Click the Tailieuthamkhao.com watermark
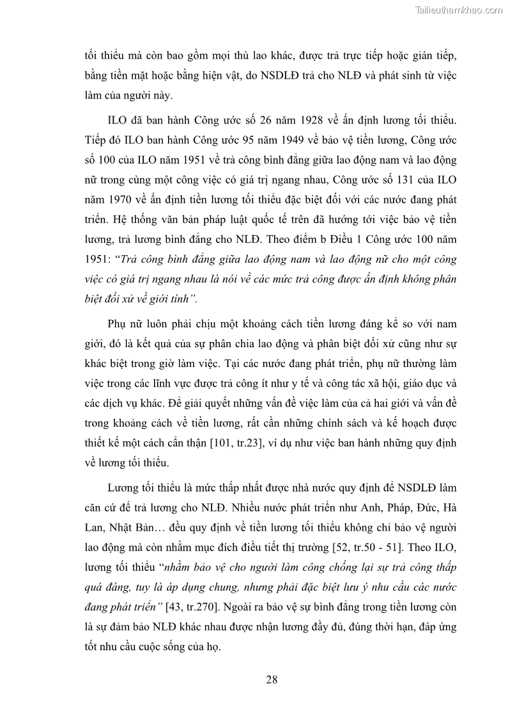pos(459,10)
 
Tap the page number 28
pos(272,679)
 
